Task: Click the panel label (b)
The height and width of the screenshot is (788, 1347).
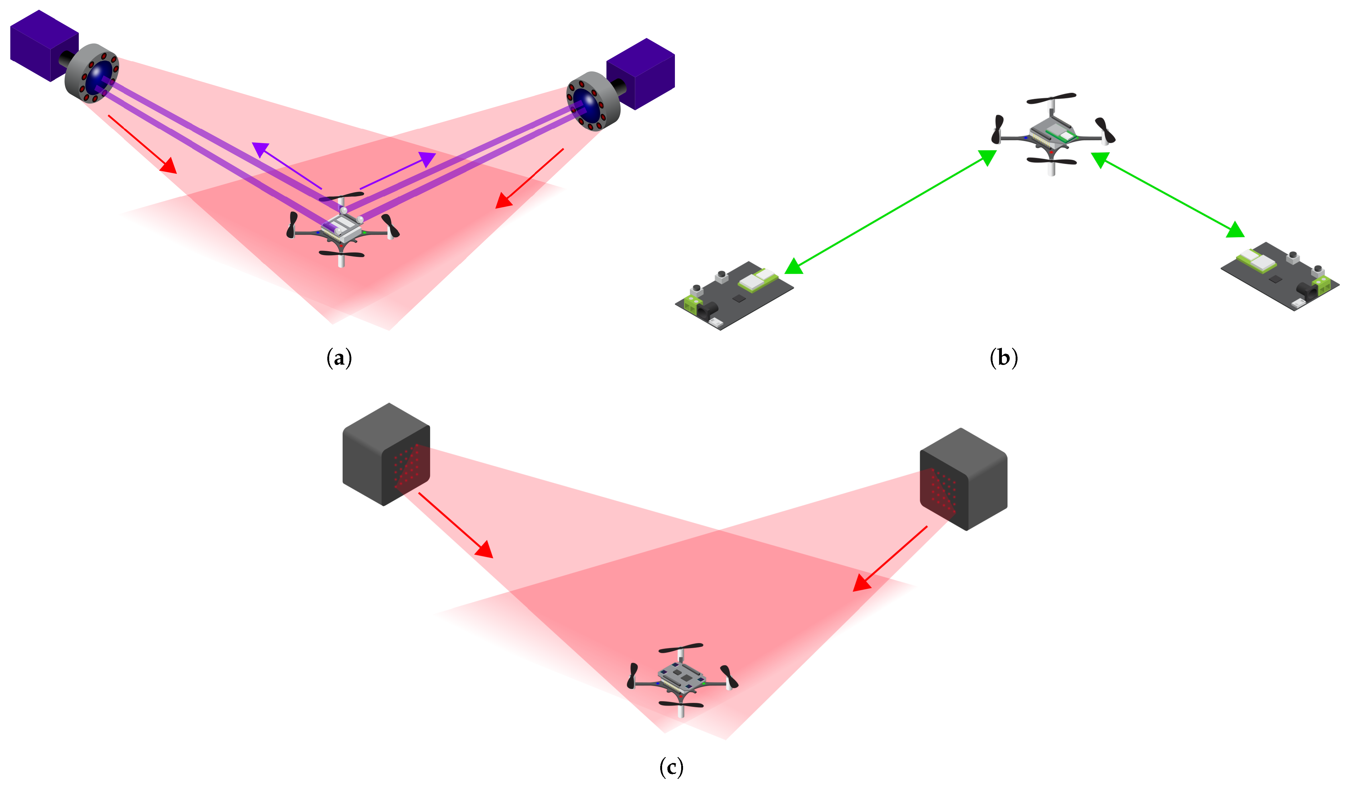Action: (x=1003, y=357)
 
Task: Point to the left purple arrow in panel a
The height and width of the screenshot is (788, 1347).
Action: (x=287, y=166)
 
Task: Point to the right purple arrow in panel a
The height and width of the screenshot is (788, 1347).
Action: (x=398, y=170)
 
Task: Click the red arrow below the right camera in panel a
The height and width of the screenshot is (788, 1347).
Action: (x=529, y=178)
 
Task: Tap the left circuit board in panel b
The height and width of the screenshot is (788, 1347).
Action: (x=734, y=296)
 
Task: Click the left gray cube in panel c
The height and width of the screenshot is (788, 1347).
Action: (x=386, y=454)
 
